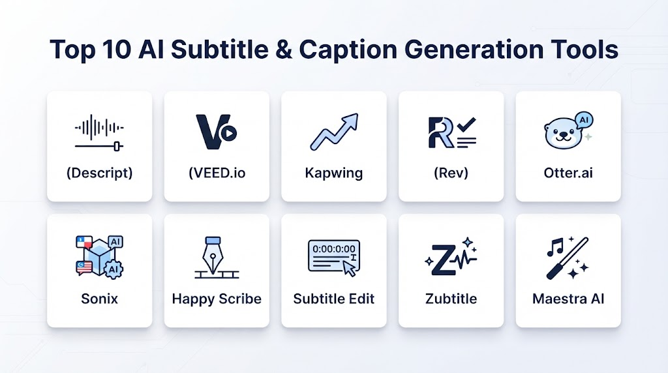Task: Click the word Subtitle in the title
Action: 219,50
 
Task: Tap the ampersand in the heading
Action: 284,50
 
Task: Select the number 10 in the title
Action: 116,50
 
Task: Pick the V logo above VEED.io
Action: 216,132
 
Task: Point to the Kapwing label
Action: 334,173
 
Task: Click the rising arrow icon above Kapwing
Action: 334,132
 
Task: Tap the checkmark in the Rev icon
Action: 466,125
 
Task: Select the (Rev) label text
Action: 451,173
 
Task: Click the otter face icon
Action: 562,134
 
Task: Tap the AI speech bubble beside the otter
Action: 584,121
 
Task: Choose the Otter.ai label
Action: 568,173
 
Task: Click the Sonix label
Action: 99,299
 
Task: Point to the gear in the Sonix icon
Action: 114,269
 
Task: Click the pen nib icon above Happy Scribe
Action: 213,256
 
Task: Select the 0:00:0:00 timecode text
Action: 334,248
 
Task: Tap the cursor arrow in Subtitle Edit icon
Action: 350,269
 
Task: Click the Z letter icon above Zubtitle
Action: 442,260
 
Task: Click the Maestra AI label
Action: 568,299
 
